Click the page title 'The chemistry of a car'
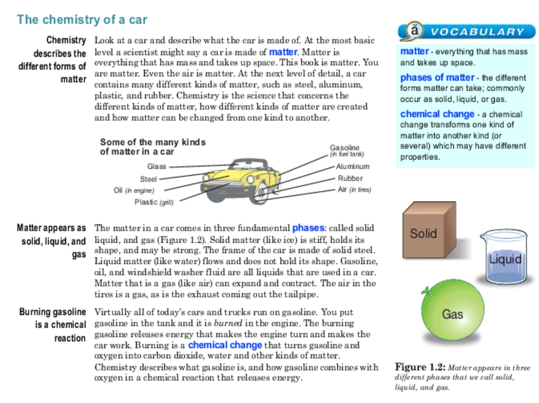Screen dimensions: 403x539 tap(82, 20)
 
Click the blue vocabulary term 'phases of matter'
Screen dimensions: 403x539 tap(437, 77)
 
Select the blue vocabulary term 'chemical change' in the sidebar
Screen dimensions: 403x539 tap(437, 114)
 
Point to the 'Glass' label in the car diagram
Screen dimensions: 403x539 tap(157, 167)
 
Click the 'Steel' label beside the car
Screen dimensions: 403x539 tap(148, 179)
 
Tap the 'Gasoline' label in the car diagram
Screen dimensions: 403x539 tap(344, 148)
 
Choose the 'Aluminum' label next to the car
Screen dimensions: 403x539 tap(352, 167)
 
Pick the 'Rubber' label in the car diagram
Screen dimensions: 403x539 tap(350, 178)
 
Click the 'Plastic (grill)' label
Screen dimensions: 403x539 tap(153, 202)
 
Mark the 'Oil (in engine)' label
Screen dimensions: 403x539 tap(134, 191)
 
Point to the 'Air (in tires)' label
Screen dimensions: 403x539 tap(354, 190)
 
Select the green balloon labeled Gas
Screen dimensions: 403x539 tap(452, 310)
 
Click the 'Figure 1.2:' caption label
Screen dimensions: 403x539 tap(420, 367)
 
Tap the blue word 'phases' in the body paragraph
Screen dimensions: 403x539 tap(308, 228)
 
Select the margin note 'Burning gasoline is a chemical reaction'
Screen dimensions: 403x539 tap(53, 325)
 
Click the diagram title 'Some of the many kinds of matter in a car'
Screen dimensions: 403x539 tap(153, 147)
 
